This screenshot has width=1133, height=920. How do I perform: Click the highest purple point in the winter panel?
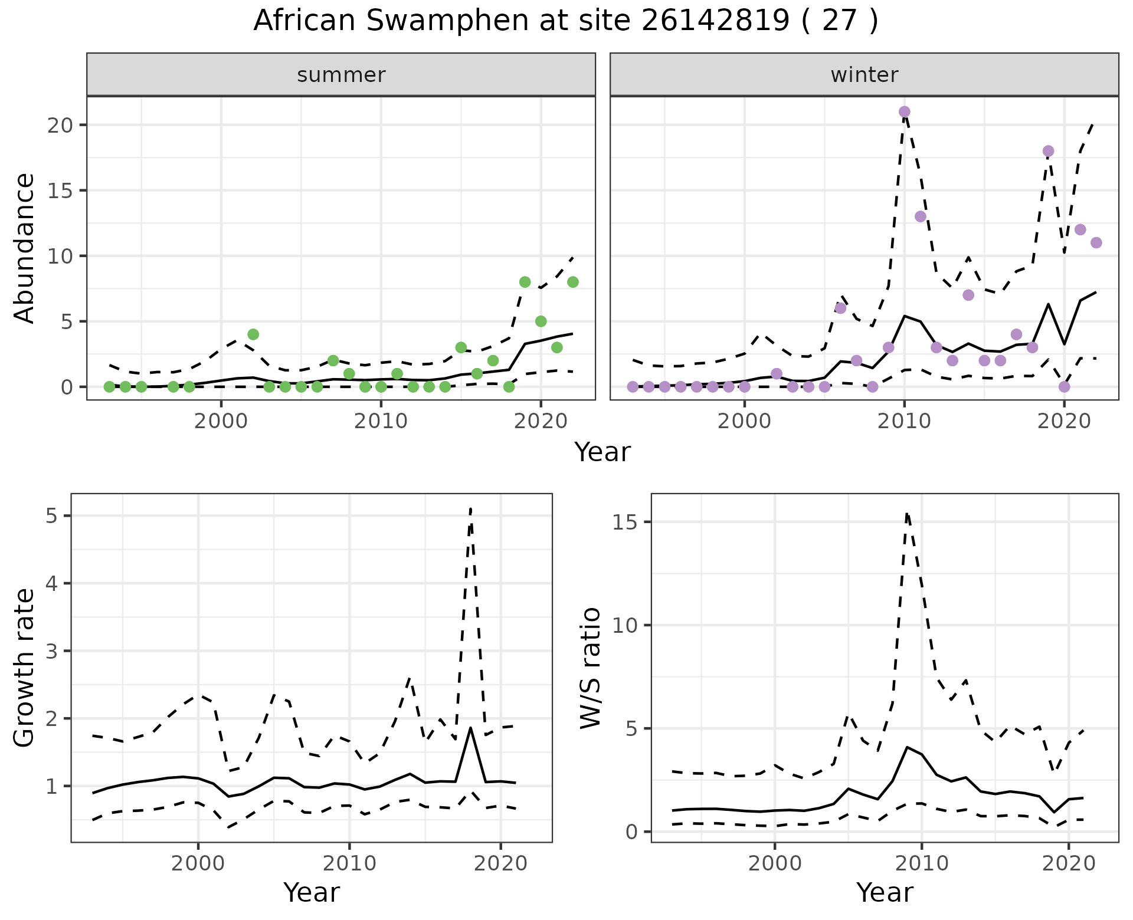(x=904, y=112)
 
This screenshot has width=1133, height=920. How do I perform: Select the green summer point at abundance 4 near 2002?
(x=253, y=334)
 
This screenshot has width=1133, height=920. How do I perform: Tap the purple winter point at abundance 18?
(x=1048, y=151)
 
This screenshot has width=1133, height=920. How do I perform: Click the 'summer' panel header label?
(x=341, y=75)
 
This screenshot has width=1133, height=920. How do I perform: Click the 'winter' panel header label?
(x=864, y=75)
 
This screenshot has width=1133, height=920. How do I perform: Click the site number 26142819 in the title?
(x=715, y=21)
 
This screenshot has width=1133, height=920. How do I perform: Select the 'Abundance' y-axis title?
(x=25, y=248)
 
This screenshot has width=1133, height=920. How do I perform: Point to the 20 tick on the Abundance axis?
(x=67, y=126)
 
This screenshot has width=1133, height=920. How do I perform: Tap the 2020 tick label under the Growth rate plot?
(x=500, y=863)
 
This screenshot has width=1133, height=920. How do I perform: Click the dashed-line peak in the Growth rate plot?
(x=470, y=508)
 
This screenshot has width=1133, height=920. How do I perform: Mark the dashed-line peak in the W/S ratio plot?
(x=907, y=514)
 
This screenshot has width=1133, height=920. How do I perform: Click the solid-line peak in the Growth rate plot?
(x=470, y=728)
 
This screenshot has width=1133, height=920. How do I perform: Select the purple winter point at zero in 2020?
(x=1064, y=387)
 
